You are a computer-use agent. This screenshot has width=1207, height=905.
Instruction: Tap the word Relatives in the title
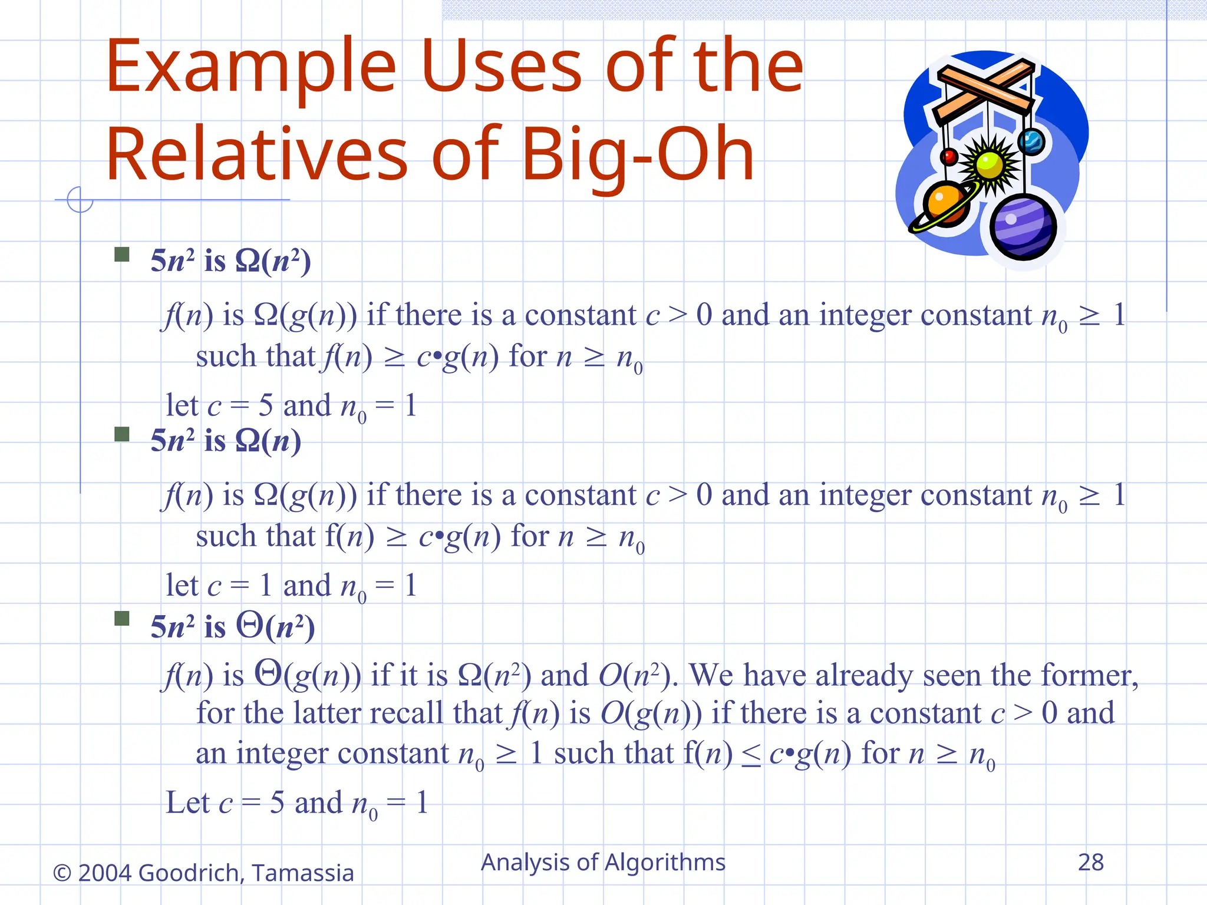pos(256,155)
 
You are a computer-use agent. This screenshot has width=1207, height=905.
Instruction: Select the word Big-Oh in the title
pos(638,155)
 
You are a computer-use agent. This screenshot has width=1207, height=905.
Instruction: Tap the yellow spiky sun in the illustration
pos(990,166)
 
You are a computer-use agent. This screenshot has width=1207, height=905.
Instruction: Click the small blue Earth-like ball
pos(1031,142)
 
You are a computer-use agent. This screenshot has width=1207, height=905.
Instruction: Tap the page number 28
pos(1090,863)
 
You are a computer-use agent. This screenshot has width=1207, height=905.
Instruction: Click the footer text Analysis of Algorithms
pos(603,863)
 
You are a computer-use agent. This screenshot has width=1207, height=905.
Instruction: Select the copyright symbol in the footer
pos(62,873)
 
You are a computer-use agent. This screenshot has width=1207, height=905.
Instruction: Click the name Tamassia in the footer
pos(302,873)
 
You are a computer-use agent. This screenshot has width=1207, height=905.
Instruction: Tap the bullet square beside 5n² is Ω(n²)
pos(122,255)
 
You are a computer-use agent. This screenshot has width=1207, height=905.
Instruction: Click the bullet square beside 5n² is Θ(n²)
pos(122,618)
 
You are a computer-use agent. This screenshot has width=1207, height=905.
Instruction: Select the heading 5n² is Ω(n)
pos(226,441)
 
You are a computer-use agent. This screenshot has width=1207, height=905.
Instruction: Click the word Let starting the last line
pos(187,802)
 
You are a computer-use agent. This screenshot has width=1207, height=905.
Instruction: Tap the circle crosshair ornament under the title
pos(80,200)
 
